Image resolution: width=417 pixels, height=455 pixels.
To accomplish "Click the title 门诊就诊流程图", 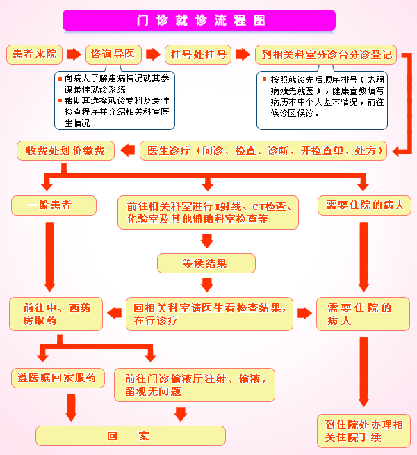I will [199, 20].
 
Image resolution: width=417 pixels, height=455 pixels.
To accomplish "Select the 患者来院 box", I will [35, 54].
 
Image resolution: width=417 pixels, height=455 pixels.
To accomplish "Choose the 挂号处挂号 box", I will [199, 54].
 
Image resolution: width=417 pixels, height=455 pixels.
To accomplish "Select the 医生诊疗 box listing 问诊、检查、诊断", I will [264, 150].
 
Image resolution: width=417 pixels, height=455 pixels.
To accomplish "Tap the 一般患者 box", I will [49, 205].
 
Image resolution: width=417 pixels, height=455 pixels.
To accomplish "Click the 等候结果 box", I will [206, 262].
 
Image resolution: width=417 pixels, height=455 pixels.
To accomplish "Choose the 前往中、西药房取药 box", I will [56, 314].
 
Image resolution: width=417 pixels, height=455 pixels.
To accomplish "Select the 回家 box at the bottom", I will [131, 436].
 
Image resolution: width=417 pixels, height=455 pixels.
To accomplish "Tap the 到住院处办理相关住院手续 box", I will [363, 431].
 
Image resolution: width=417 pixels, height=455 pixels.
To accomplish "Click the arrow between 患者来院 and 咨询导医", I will [74, 54].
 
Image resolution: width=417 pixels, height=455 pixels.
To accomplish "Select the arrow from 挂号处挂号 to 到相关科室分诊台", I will [243, 54].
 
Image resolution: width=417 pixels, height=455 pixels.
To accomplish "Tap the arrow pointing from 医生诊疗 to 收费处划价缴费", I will [128, 150].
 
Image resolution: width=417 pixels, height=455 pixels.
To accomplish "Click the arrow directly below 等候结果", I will [206, 284].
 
